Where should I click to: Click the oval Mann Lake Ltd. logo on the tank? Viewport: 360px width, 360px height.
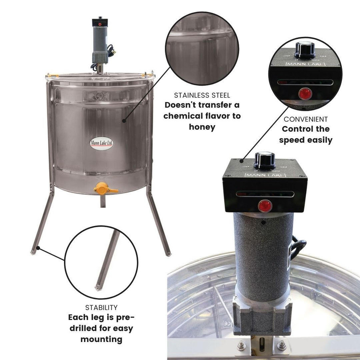102,143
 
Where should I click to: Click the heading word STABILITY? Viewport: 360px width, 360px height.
101,308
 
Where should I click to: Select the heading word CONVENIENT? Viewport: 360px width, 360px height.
306,119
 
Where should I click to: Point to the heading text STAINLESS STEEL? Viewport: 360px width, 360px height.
202,95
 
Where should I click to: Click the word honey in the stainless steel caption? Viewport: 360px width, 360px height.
202,127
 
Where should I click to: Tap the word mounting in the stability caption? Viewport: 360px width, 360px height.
101,339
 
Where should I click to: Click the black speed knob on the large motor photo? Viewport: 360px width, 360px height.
264,160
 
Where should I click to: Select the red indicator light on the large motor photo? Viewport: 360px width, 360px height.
264,206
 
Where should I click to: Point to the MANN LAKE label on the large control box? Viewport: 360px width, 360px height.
264,175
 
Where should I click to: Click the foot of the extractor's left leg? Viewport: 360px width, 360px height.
33,251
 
